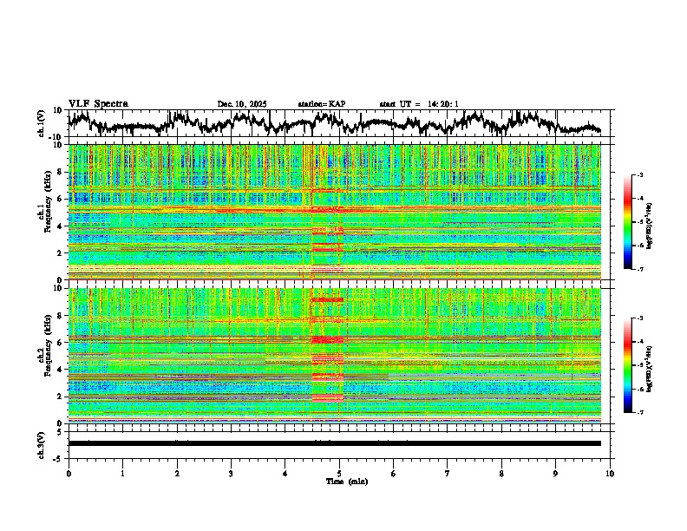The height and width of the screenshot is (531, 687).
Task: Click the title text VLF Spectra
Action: click(98, 103)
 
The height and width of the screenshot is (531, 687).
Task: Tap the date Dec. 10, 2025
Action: click(242, 104)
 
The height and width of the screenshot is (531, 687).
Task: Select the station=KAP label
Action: click(321, 104)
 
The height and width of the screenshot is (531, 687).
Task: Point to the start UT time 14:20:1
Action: click(419, 104)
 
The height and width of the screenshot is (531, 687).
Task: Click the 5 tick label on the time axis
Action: click(339, 472)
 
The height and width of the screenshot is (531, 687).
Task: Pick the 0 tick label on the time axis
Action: click(69, 472)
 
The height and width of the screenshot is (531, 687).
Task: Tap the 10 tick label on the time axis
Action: click(610, 472)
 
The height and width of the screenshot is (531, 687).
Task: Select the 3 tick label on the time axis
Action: click(231, 472)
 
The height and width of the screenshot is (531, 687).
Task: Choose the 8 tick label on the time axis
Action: click(501, 472)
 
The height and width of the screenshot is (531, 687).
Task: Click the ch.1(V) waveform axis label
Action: click(42, 123)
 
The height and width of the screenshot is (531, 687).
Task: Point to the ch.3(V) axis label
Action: click(42, 442)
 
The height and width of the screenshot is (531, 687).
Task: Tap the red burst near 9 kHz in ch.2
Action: click(328, 299)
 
